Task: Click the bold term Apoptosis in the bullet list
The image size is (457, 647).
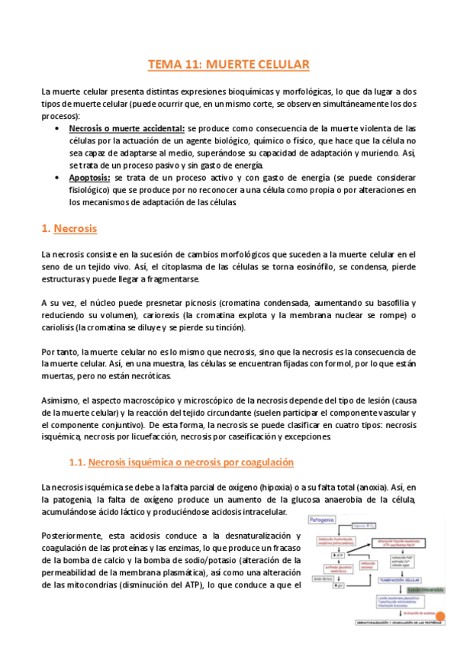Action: (90, 177)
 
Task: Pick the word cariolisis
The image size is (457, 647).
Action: (63, 327)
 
